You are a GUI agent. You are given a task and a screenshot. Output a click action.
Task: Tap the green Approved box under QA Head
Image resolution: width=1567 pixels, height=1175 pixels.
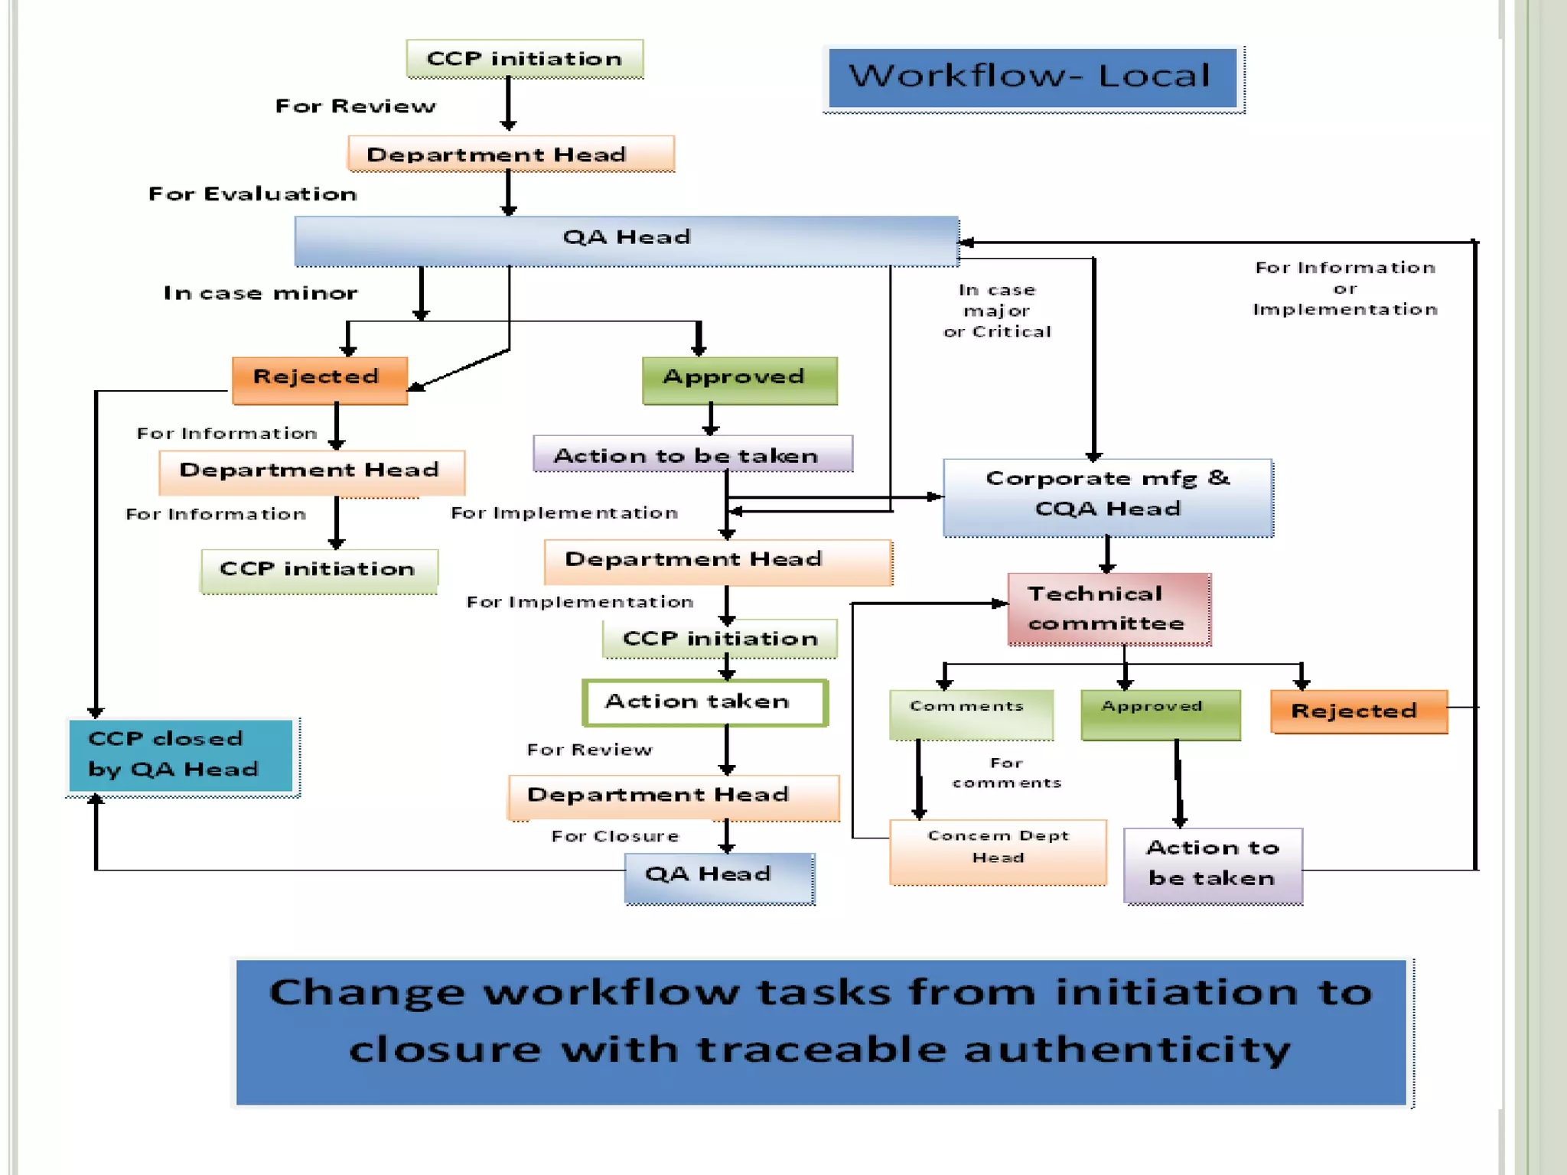tap(739, 379)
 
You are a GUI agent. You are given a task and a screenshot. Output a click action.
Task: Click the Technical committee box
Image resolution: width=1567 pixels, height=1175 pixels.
tap(1109, 609)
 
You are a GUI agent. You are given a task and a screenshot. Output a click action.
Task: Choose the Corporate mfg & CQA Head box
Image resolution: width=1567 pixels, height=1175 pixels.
tap(1108, 496)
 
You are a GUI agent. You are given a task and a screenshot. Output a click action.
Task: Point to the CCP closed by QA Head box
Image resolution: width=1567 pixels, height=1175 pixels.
tap(181, 755)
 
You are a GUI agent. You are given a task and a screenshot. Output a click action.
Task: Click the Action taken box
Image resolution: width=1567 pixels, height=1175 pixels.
tap(704, 702)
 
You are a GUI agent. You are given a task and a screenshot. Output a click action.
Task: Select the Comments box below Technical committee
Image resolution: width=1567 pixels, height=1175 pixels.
tap(971, 714)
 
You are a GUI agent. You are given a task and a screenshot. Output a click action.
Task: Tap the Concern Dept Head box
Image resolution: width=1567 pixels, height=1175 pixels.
tap(998, 851)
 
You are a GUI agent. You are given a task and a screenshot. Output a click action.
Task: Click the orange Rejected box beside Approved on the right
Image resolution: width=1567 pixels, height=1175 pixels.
tap(1358, 711)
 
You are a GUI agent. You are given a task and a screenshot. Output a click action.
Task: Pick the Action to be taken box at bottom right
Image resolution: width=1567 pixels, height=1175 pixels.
tap(1213, 864)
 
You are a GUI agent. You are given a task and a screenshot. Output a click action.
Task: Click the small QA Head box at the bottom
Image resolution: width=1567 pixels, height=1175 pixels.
tap(718, 877)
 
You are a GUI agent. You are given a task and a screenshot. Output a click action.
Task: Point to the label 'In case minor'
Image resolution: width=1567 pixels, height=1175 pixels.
tap(260, 293)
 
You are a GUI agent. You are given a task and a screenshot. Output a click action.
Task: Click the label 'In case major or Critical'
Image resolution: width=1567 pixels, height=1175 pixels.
tap(997, 311)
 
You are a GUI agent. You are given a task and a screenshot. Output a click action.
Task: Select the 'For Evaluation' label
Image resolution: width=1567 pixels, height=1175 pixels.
tap(252, 194)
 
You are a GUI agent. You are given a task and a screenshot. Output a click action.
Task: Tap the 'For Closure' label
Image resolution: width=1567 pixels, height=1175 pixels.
tap(615, 836)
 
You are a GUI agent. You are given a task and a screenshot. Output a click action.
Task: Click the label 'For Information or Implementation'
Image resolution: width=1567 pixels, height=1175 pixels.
tap(1344, 288)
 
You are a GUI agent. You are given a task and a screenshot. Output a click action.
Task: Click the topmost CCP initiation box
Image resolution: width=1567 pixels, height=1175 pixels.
tap(524, 59)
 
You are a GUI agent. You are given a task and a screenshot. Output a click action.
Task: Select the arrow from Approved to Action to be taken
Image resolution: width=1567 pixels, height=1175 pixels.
tap(711, 419)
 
